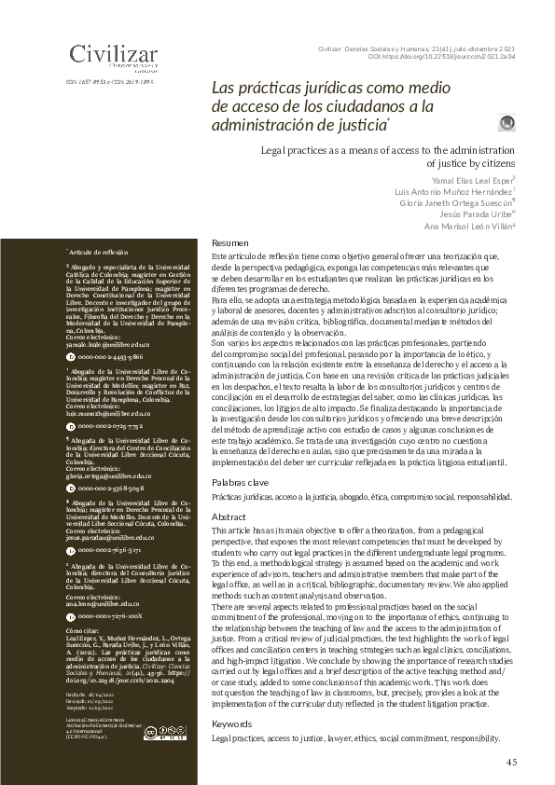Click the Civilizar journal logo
(x=113, y=55)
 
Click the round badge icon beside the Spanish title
(x=507, y=123)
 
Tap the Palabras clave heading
(x=241, y=482)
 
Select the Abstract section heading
(x=229, y=516)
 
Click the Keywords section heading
(x=232, y=723)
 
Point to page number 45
(x=511, y=762)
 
